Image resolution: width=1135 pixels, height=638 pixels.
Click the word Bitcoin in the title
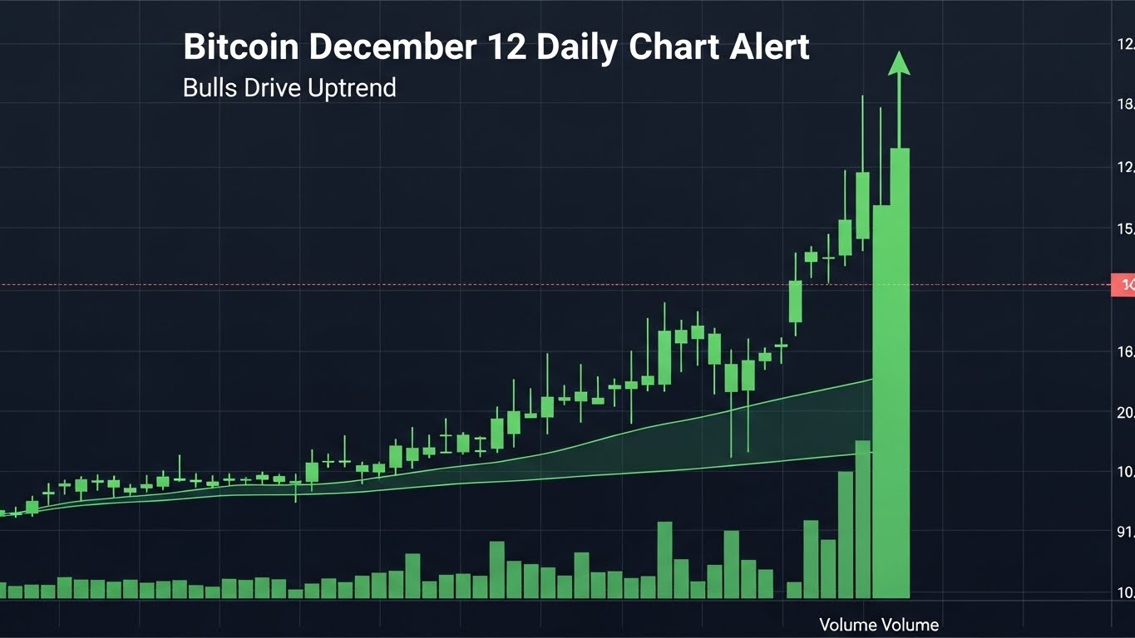(x=240, y=47)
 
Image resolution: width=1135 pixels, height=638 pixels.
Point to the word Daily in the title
(x=575, y=47)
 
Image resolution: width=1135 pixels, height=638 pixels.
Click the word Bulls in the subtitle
(x=210, y=87)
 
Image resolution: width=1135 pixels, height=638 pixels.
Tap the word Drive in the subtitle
(x=270, y=87)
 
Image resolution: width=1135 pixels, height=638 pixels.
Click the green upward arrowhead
(x=898, y=63)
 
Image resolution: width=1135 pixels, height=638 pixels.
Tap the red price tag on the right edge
(x=1124, y=285)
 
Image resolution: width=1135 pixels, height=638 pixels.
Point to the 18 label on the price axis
(x=1126, y=105)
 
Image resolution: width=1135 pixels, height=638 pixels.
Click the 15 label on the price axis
(x=1126, y=228)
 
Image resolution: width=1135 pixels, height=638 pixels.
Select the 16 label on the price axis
(x=1126, y=352)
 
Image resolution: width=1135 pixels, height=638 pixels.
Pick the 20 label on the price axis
(x=1126, y=413)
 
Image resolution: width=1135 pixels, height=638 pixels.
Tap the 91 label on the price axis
(x=1126, y=532)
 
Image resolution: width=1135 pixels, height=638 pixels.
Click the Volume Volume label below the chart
(x=878, y=625)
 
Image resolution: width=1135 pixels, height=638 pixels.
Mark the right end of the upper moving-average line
(x=871, y=380)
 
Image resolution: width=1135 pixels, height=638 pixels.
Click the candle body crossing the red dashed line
(x=796, y=301)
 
